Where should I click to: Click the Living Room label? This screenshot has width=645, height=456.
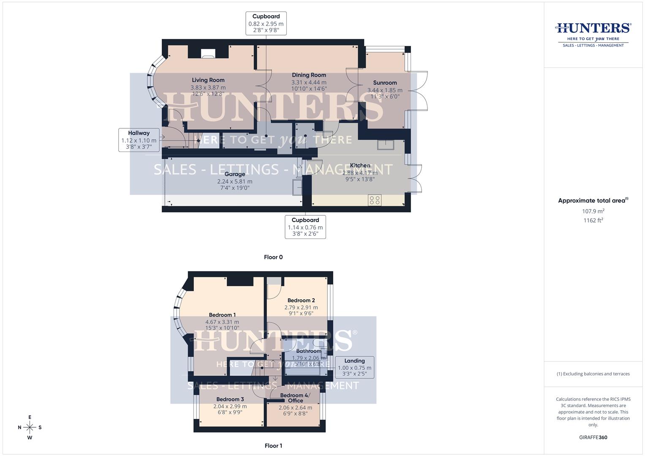[x=208, y=80]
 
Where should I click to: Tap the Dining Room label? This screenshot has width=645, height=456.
[x=309, y=75]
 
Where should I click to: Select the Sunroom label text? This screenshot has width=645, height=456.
[x=385, y=83]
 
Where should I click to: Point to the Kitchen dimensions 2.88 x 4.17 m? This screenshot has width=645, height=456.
[x=360, y=173]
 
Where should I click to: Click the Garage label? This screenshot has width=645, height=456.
[x=234, y=174]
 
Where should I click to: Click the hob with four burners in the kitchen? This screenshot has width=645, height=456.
[x=375, y=200]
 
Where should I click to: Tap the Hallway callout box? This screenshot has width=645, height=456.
[x=139, y=140]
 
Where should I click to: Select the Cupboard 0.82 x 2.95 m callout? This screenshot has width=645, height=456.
[x=266, y=23]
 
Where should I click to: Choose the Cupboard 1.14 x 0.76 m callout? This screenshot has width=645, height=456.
[x=305, y=227]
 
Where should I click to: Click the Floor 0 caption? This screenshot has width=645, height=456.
[x=273, y=257]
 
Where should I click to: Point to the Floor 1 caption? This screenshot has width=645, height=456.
[x=273, y=445]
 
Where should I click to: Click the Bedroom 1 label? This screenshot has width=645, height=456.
[x=222, y=315]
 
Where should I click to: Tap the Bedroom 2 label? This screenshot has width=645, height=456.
[x=301, y=301]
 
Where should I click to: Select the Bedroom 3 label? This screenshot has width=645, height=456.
[x=230, y=399]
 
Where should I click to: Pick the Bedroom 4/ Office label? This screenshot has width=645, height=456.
[x=295, y=398]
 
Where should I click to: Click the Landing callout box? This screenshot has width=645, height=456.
[x=354, y=367]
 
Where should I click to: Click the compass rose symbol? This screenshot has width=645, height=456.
[x=30, y=427]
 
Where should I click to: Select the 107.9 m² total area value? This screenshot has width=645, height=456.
[x=593, y=211]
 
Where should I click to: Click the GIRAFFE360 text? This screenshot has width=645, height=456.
[x=593, y=437]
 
